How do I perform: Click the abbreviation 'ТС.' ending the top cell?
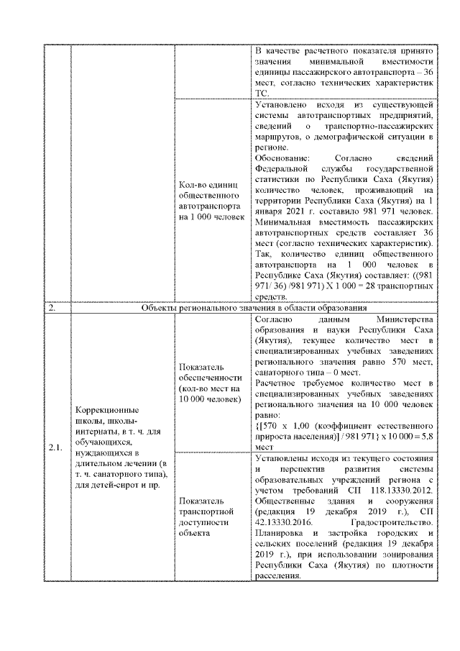(262, 92)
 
